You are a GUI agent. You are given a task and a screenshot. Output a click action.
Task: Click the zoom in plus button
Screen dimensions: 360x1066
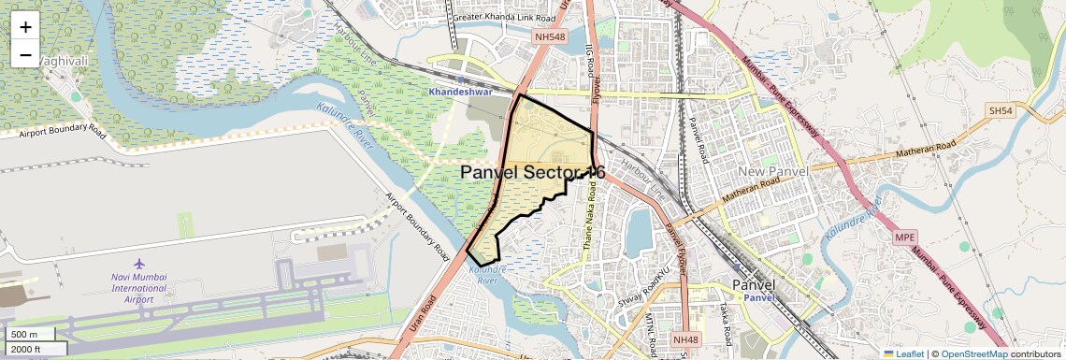coord(25,26)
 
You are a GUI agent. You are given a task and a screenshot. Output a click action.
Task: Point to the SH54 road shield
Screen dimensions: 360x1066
coord(1001,110)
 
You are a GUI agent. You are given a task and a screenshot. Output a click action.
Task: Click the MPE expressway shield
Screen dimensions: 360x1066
coord(904,237)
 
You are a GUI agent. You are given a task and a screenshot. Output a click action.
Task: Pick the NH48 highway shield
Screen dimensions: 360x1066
coord(685,340)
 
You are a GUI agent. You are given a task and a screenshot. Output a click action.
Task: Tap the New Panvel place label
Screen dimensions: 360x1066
coord(772,173)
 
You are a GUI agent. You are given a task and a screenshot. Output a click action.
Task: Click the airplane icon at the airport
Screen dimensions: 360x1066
coord(140,265)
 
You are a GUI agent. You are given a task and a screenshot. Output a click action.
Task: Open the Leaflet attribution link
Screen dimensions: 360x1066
coord(904,353)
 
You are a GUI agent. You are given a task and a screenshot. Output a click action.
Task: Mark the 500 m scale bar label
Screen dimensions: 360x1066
coord(24,335)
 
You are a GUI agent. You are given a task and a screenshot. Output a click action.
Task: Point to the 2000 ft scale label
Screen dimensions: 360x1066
coord(25,350)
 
